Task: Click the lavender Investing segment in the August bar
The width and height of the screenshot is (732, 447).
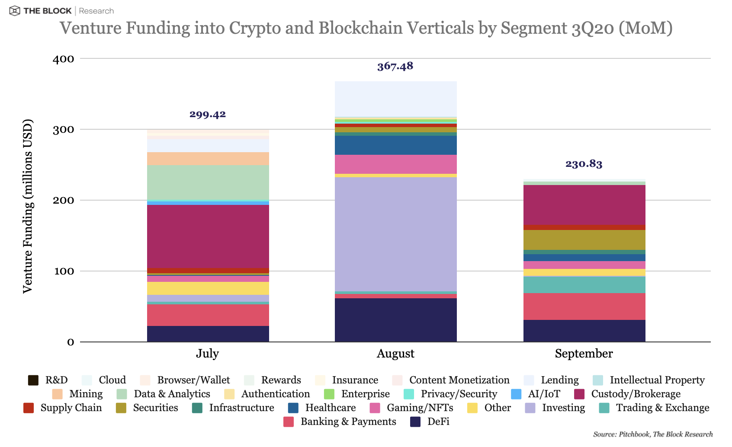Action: [x=395, y=233]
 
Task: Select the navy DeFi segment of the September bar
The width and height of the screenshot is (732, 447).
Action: [x=584, y=331]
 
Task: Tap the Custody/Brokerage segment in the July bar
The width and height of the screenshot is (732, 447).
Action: [x=208, y=236]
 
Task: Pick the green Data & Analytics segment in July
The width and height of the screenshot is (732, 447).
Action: [x=208, y=182]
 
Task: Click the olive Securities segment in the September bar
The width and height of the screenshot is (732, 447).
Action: [x=584, y=240]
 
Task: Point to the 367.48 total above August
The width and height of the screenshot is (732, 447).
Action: [x=395, y=66]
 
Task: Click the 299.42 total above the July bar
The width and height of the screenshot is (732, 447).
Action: [x=208, y=115]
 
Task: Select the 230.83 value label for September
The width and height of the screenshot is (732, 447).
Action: [x=584, y=164]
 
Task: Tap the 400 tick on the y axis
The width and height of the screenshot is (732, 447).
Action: [x=63, y=59]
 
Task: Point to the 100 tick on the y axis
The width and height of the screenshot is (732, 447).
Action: [x=63, y=271]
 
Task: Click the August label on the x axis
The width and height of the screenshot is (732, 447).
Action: [x=395, y=354]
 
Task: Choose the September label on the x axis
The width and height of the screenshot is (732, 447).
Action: [x=584, y=354]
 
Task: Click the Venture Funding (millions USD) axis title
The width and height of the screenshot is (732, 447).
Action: [x=28, y=206]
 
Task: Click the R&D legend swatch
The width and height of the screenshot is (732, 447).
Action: [x=33, y=380]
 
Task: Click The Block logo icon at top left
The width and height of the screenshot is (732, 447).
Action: [x=14, y=11]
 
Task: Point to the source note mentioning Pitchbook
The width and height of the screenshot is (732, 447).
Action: [x=652, y=434]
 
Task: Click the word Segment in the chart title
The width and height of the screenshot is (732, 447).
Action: [x=533, y=28]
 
